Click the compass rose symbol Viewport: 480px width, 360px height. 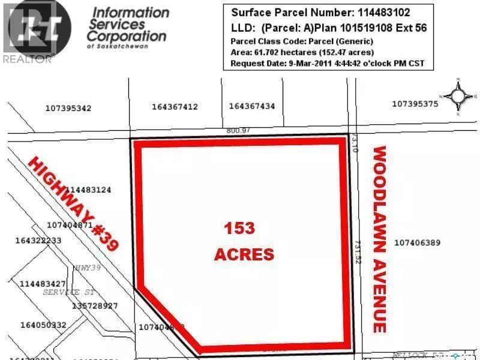pos(458,95)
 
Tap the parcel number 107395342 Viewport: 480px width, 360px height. pos(68,109)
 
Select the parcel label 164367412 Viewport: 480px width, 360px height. pos(175,107)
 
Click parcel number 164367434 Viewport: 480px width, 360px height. pos(252,106)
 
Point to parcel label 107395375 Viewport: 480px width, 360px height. pos(415,104)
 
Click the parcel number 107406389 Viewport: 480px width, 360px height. pos(418,243)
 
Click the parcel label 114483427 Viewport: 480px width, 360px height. pos(43,283)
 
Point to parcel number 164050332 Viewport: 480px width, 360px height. pos(43,325)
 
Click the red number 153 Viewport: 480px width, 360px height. pos(239,228)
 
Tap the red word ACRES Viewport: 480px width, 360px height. pos(244,254)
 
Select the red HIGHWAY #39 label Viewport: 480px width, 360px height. pos(74,203)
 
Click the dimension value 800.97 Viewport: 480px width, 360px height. pos(238,131)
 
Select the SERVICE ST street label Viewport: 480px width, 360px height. pos(70,292)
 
